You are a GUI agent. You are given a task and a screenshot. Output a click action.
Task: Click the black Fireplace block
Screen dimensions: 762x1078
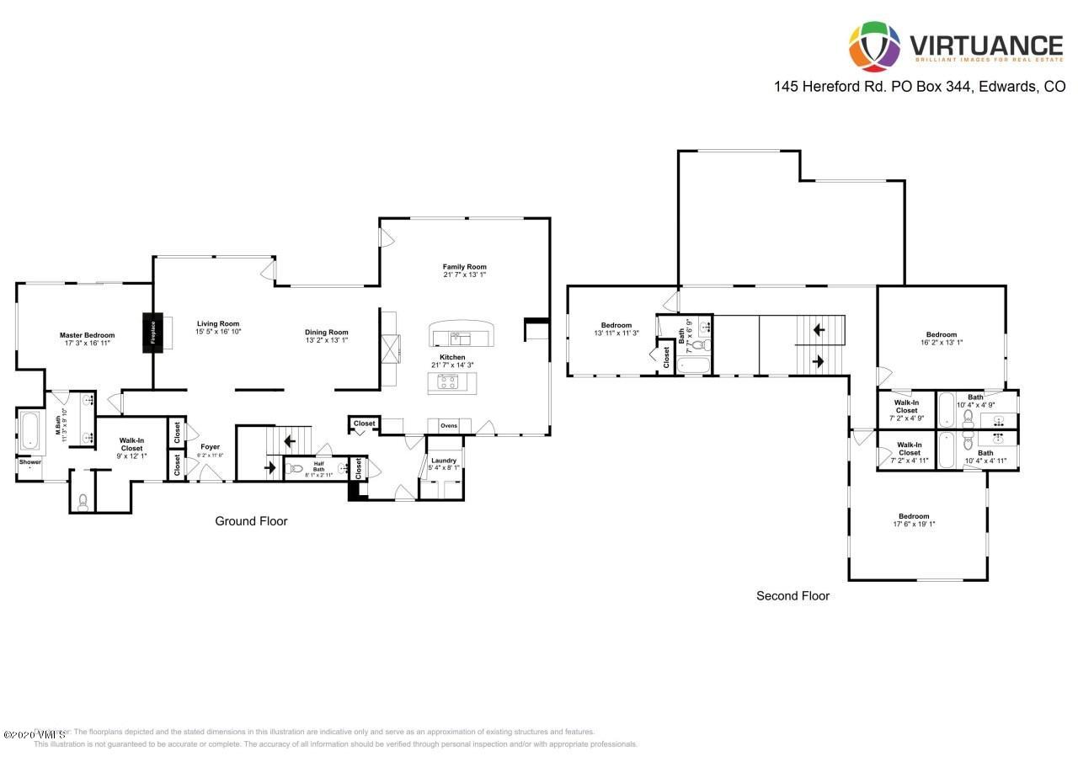tap(152, 330)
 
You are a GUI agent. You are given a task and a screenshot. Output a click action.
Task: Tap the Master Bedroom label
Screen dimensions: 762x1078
tap(87, 335)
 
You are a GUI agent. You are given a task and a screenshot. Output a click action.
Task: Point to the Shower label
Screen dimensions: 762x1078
tap(30, 461)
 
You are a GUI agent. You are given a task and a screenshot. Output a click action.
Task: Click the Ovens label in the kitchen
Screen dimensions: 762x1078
tap(449, 426)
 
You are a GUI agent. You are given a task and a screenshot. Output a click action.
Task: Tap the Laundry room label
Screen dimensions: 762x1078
tap(444, 461)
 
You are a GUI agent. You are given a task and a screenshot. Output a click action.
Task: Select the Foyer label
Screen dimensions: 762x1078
tap(210, 447)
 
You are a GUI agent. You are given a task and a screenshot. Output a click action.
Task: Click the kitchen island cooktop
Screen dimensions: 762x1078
tap(445, 383)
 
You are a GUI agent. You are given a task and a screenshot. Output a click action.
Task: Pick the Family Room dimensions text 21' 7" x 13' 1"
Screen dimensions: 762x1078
tap(465, 275)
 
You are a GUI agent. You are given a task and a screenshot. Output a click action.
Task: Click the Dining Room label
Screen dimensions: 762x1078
tap(326, 333)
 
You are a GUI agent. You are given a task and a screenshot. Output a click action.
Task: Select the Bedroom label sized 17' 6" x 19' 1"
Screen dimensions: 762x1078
tap(914, 516)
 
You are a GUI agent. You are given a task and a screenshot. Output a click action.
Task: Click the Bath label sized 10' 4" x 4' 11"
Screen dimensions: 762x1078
tap(985, 453)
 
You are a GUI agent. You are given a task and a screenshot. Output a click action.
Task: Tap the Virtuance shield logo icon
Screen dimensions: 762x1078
tap(873, 46)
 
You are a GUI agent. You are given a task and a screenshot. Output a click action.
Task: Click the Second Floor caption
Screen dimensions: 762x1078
tap(792, 596)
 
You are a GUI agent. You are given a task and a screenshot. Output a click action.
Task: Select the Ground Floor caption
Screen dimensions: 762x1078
tap(251, 521)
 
